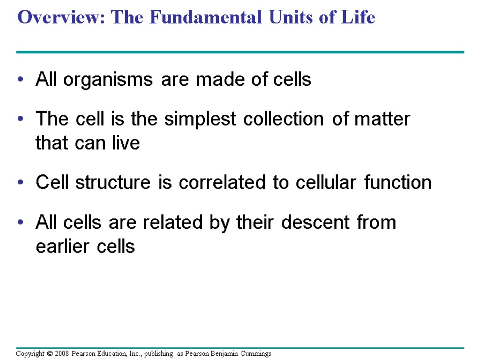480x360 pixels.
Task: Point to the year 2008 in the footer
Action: [x=61, y=353]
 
